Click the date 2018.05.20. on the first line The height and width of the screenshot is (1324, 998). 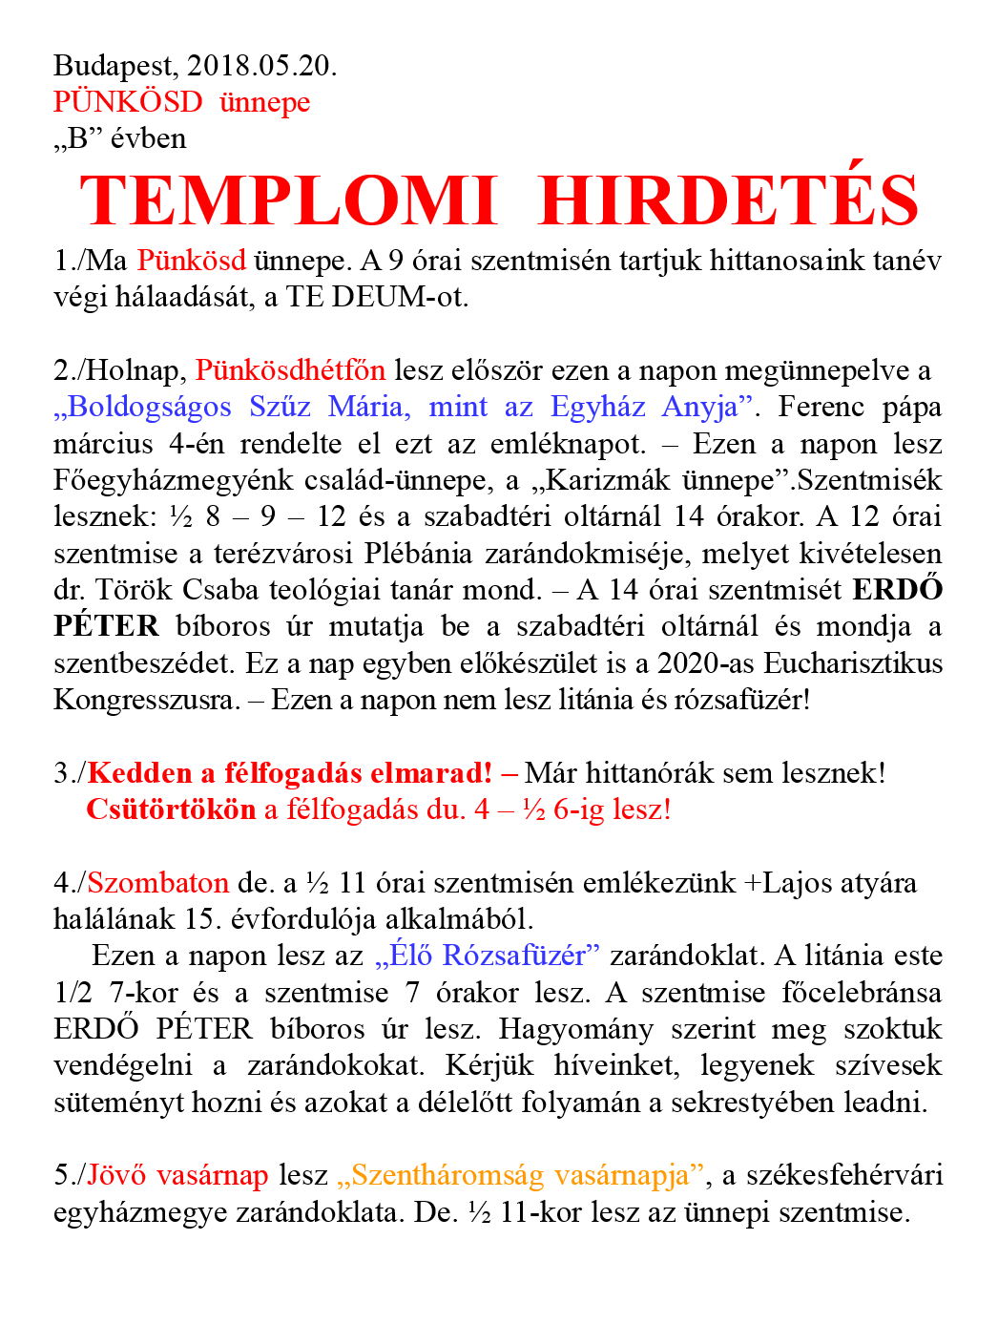[x=262, y=66]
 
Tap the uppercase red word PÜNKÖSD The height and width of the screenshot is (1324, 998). [x=128, y=102]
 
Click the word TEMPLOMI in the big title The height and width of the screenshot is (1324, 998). [x=288, y=201]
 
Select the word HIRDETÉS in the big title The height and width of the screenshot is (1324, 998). [x=728, y=201]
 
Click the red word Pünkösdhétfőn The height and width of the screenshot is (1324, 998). [x=291, y=370]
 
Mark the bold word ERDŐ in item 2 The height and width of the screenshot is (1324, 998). [x=897, y=590]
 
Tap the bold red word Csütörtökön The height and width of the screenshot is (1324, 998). [x=171, y=809]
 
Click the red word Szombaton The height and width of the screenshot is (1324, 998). [x=158, y=883]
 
